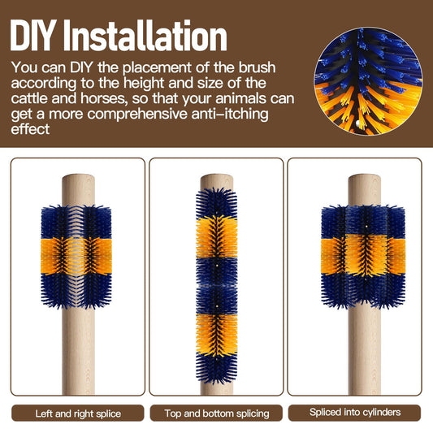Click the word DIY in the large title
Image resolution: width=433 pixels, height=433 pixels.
[32, 36]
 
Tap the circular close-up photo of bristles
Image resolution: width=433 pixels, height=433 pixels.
[368, 81]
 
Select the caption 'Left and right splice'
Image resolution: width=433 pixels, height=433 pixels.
[78, 414]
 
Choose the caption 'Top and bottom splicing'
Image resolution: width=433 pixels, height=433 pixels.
[216, 414]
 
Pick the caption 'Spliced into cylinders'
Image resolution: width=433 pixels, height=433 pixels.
[355, 412]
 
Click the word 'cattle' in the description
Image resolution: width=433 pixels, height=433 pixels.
[29, 98]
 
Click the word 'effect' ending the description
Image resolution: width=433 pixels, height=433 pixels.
[30, 129]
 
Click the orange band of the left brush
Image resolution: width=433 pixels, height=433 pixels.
[76, 256]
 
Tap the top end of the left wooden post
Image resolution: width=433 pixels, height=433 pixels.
[78, 177]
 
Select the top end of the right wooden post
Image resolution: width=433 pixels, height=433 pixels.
[364, 177]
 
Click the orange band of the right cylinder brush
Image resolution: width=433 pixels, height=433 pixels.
[363, 255]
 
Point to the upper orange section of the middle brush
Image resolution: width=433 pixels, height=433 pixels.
[217, 237]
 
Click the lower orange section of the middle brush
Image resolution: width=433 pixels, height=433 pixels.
[217, 334]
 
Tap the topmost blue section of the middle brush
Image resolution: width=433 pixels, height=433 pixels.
[217, 203]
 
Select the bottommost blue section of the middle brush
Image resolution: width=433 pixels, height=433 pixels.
[217, 368]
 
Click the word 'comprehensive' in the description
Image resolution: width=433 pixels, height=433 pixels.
[137, 114]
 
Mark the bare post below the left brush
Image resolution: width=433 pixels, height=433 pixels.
[78, 351]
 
